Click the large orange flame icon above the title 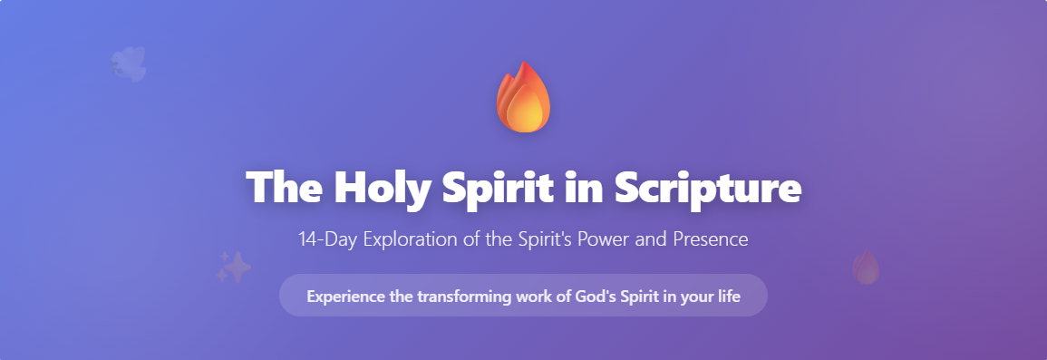(523, 97)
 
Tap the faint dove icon (129, 64)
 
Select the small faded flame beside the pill (866, 268)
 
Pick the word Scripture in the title (707, 187)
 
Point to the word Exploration (398, 240)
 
